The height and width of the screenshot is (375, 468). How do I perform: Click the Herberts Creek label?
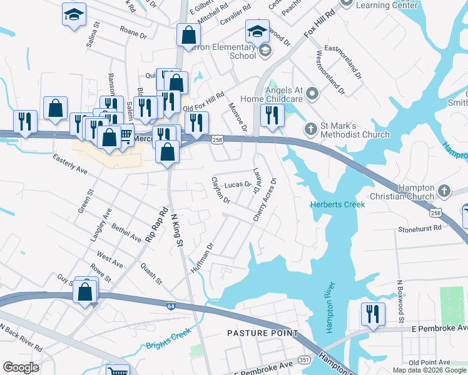(337, 204)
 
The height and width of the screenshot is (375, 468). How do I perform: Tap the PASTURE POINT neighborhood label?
(263, 333)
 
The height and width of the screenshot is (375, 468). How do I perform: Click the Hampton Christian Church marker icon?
(444, 190)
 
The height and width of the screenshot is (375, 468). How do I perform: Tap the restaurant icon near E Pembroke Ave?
(373, 314)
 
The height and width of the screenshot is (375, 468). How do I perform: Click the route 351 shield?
(305, 360)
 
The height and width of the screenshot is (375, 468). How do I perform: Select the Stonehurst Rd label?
(419, 229)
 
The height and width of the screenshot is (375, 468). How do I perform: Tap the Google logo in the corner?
(21, 367)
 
